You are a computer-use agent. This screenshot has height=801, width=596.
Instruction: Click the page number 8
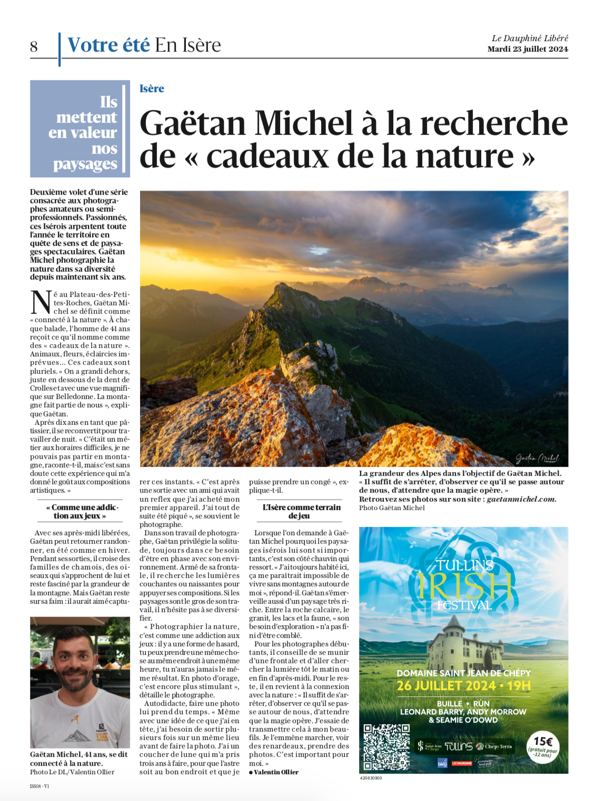coord(34,47)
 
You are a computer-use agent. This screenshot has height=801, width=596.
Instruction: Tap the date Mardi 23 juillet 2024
coord(528,49)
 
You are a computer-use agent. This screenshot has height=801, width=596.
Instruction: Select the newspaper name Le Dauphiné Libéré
coord(530,38)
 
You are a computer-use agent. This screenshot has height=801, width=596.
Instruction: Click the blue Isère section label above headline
coord(152,88)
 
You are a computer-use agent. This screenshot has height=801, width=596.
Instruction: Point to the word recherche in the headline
coord(493,123)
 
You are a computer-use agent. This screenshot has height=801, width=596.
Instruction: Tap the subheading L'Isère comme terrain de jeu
coord(302,511)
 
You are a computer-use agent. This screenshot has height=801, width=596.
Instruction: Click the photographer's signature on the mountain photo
coord(537,458)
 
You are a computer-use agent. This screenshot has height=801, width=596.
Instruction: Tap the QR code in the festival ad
coord(386,747)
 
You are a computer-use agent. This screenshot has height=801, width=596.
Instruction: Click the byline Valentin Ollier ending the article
coord(275,772)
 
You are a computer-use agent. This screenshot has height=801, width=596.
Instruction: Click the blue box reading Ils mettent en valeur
coord(80,128)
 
